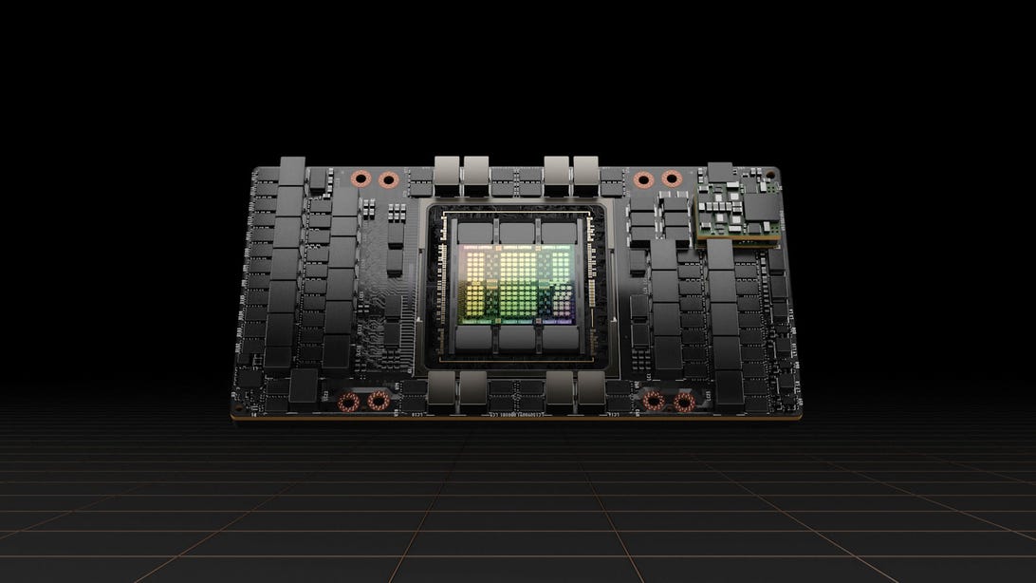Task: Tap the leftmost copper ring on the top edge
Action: pyautogui.click(x=361, y=179)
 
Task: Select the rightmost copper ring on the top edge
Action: pyautogui.click(x=672, y=178)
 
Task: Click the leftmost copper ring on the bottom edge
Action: pyautogui.click(x=351, y=402)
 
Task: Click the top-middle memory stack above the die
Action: pyautogui.click(x=517, y=233)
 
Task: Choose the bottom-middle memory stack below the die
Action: pyautogui.click(x=517, y=339)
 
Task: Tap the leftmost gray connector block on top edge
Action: pyautogui.click(x=447, y=171)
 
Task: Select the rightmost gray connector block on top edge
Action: pyautogui.click(x=587, y=171)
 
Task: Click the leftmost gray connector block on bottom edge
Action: pyautogui.click(x=441, y=388)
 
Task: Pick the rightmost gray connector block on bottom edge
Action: pyautogui.click(x=590, y=388)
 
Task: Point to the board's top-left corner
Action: pyautogui.click(x=254, y=168)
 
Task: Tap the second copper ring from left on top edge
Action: pyautogui.click(x=387, y=179)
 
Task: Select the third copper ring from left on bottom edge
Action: pyautogui.click(x=654, y=402)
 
